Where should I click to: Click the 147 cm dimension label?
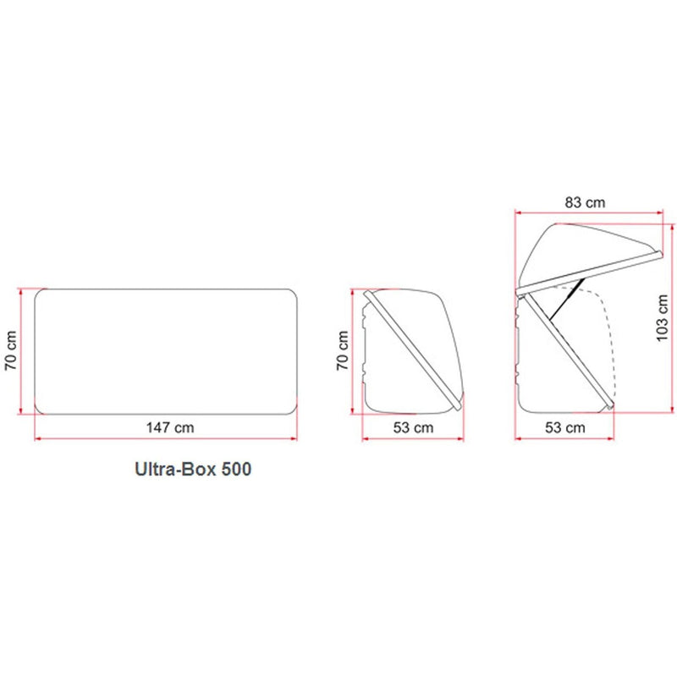pos(170,427)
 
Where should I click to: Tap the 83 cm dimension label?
pos(585,202)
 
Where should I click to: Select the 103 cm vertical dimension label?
pos(663,318)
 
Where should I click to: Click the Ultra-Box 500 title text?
pos(193,469)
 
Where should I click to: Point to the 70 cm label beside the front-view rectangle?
pos(11,350)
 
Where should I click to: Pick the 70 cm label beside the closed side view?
pos(343,350)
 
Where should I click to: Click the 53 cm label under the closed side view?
pos(413,427)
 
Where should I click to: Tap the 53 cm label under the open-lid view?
pos(564,427)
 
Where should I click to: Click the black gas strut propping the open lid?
pos(567,300)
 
